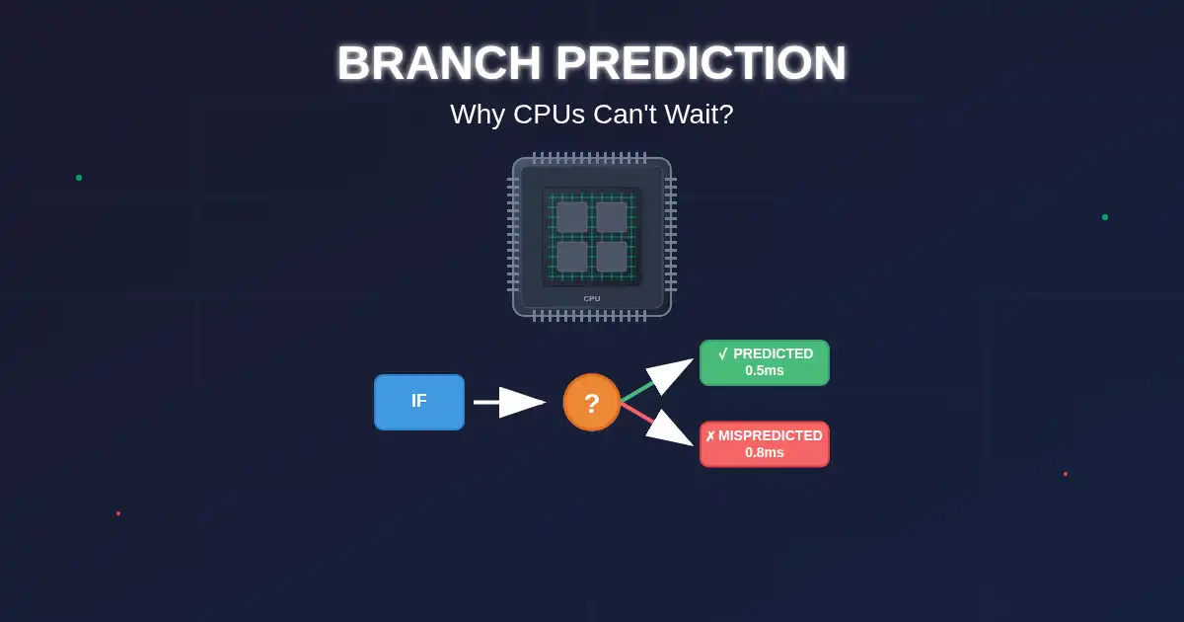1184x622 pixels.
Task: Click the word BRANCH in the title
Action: point(439,63)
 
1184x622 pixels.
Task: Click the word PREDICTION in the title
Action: point(701,63)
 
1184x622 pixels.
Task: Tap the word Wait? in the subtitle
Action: point(699,114)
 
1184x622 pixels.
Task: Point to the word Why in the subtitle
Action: point(478,115)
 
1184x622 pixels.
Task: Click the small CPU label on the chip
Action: point(592,298)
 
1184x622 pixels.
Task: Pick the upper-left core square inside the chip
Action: point(572,217)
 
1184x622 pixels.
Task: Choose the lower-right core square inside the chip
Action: point(612,257)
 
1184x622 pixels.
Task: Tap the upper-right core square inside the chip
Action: point(612,217)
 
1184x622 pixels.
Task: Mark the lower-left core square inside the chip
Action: point(572,257)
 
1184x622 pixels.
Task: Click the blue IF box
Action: point(419,402)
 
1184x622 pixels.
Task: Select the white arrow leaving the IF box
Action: point(509,403)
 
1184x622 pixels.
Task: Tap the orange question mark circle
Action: point(591,403)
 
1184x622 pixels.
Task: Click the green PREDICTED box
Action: point(765,362)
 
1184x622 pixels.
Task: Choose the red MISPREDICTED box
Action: point(765,444)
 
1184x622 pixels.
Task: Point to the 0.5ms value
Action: point(765,370)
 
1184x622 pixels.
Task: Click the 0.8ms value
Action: point(765,452)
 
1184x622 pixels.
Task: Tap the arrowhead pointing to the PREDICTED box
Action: point(668,374)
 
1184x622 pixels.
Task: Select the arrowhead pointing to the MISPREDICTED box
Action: point(668,429)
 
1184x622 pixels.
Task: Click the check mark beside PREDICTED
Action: point(723,353)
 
